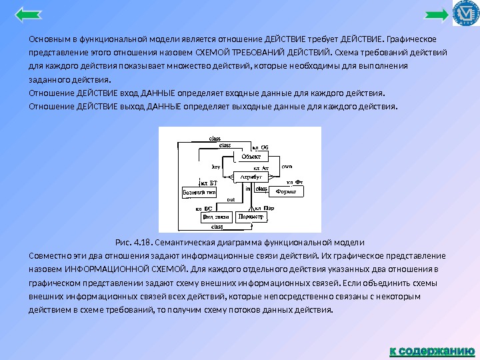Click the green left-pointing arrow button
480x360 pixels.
pyautogui.click(x=27, y=14)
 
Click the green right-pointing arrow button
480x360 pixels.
pyautogui.click(x=438, y=14)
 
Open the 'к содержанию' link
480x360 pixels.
pyautogui.click(x=433, y=350)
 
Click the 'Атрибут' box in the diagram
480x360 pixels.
pyautogui.click(x=250, y=177)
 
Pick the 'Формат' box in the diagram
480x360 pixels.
pyautogui.click(x=286, y=191)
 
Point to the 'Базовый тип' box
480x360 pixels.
pyautogui.click(x=199, y=191)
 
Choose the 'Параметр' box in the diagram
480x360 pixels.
pyautogui.click(x=251, y=217)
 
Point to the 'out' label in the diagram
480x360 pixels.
pyautogui.click(x=231, y=198)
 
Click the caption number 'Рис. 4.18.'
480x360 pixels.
pyautogui.click(x=135, y=241)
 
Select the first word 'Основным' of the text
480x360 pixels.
pyautogui.click(x=47, y=37)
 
